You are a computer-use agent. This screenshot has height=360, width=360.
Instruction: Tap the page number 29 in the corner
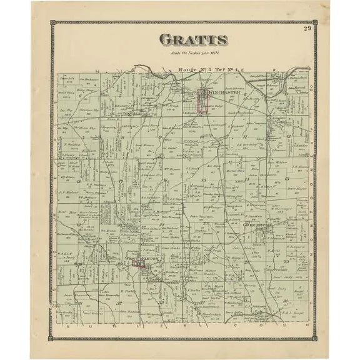click(x=307, y=28)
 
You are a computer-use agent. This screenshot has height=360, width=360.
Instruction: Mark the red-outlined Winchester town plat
click(x=202, y=101)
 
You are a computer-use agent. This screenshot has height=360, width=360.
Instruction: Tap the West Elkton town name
click(x=139, y=257)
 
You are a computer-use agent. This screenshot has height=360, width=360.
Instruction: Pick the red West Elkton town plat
click(x=139, y=265)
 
